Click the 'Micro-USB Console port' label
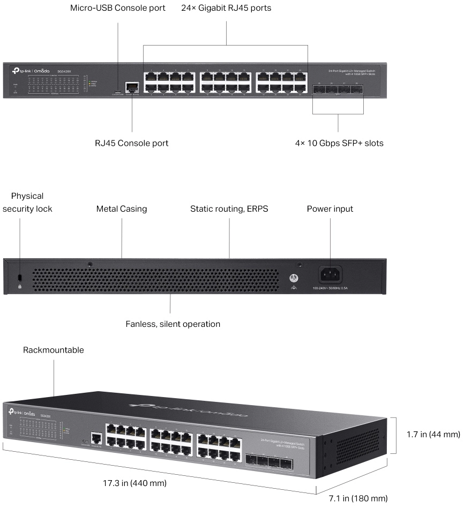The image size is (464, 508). (118, 9)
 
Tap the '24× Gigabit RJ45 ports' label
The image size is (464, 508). (226, 9)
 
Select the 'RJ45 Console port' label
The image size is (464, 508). (131, 143)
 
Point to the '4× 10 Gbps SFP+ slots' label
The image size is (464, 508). (338, 143)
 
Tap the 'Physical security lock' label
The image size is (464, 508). (27, 202)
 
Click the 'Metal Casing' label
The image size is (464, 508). (122, 208)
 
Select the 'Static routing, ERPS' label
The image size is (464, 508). (229, 208)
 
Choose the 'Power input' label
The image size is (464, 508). (330, 208)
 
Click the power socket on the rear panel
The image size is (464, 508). (330, 275)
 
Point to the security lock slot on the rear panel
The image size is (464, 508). (20, 277)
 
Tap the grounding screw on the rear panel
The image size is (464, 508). (293, 278)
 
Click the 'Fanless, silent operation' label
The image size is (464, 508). (173, 324)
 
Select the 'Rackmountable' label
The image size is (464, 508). (54, 350)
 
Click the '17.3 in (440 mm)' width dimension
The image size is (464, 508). (135, 483)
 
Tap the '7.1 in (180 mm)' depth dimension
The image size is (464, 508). (358, 499)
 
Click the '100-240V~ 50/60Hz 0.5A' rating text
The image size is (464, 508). (330, 288)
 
